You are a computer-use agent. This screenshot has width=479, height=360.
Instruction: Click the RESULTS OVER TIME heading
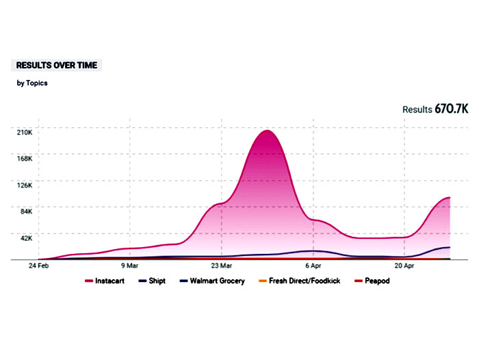point(57,66)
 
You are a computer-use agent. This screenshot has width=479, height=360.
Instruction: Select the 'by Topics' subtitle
point(32,83)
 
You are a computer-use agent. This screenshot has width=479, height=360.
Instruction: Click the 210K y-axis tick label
point(24,131)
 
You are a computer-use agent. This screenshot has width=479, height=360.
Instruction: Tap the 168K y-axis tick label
point(24,158)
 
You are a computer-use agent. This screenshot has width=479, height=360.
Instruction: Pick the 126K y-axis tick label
point(24,185)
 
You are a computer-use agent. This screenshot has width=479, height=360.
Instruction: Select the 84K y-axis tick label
point(25,211)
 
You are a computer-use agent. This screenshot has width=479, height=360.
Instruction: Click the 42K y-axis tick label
point(25,238)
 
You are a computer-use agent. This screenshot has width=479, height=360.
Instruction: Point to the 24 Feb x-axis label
point(38,265)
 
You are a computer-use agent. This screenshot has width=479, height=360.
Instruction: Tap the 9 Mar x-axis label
point(129,265)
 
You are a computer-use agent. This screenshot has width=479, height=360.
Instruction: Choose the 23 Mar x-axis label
point(221,265)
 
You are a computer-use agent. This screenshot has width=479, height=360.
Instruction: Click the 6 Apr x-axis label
point(313,265)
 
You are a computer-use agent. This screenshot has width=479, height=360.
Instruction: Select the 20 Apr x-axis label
point(404,265)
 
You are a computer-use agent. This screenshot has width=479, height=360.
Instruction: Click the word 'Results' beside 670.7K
point(417,110)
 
